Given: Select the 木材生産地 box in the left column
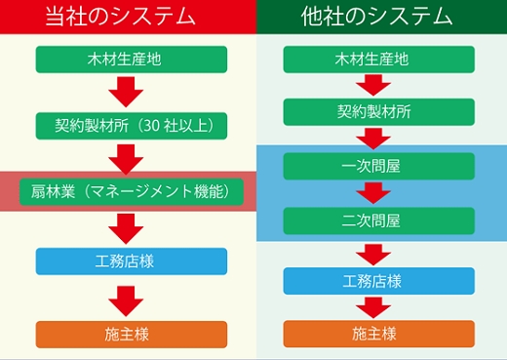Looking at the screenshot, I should [132, 59].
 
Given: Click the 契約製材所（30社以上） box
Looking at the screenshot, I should [132, 125].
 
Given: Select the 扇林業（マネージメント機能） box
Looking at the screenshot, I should [132, 190].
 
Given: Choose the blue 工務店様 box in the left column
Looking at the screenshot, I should [132, 260].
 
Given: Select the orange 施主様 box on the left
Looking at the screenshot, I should [132, 334].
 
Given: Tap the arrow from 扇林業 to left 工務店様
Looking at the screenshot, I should [126, 226].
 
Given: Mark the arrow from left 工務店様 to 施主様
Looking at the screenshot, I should [126, 298].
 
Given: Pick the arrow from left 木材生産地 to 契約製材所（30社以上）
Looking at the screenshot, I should [126, 92].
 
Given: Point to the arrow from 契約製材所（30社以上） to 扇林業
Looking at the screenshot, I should [126, 157].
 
